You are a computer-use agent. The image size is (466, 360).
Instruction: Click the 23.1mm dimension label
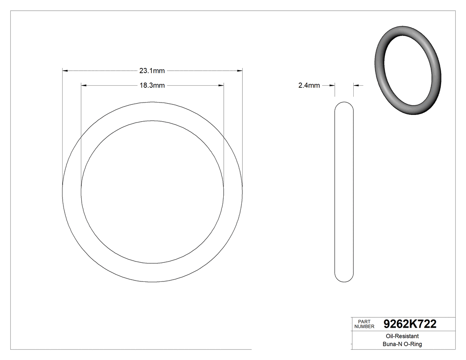[152, 71]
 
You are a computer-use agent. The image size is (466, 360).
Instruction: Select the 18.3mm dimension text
[152, 86]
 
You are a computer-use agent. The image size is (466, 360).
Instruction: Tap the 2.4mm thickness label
[309, 86]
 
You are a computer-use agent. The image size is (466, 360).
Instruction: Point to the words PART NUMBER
[363, 324]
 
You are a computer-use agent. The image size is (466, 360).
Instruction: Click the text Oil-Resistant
[397, 337]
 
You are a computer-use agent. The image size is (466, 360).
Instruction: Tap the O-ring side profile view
[344, 191]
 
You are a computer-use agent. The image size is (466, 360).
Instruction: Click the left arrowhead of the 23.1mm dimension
[65, 71]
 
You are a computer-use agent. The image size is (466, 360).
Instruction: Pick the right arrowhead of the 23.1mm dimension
[240, 71]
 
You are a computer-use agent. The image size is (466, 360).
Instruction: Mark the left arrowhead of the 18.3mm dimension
[83, 85]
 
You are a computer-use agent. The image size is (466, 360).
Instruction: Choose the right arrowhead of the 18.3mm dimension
[221, 85]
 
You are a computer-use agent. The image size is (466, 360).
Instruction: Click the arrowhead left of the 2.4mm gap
[332, 86]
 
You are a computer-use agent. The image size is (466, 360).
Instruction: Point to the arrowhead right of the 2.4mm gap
[356, 86]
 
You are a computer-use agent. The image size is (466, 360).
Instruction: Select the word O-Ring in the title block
[412, 344]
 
